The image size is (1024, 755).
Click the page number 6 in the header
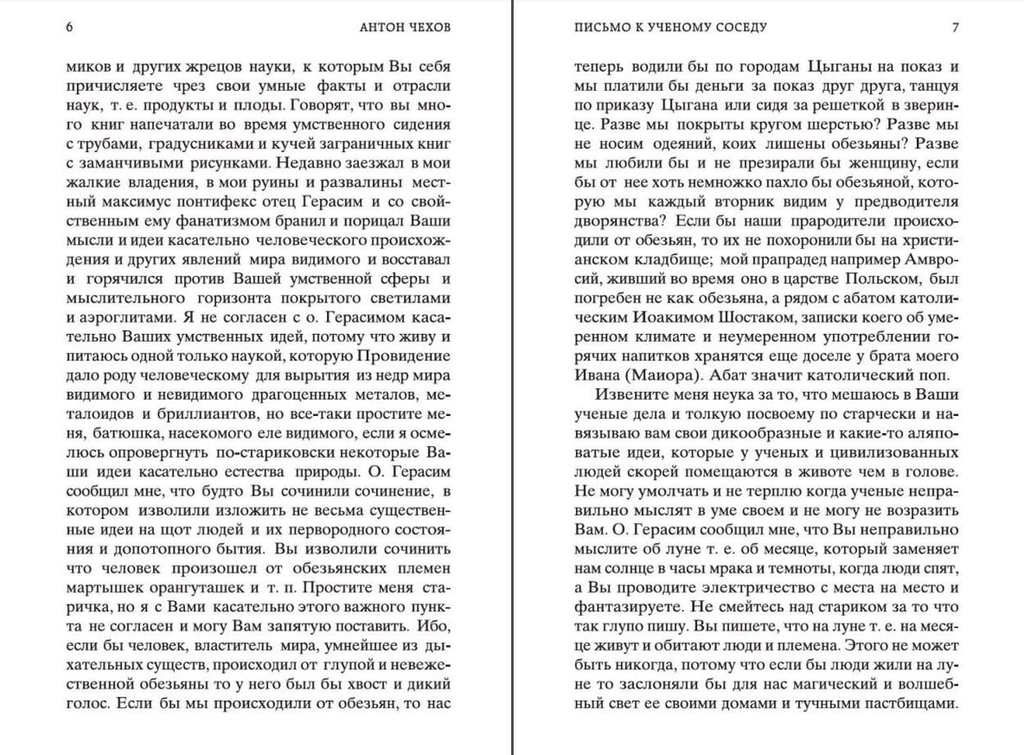point(70,27)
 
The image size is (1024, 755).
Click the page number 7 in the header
point(955,27)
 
